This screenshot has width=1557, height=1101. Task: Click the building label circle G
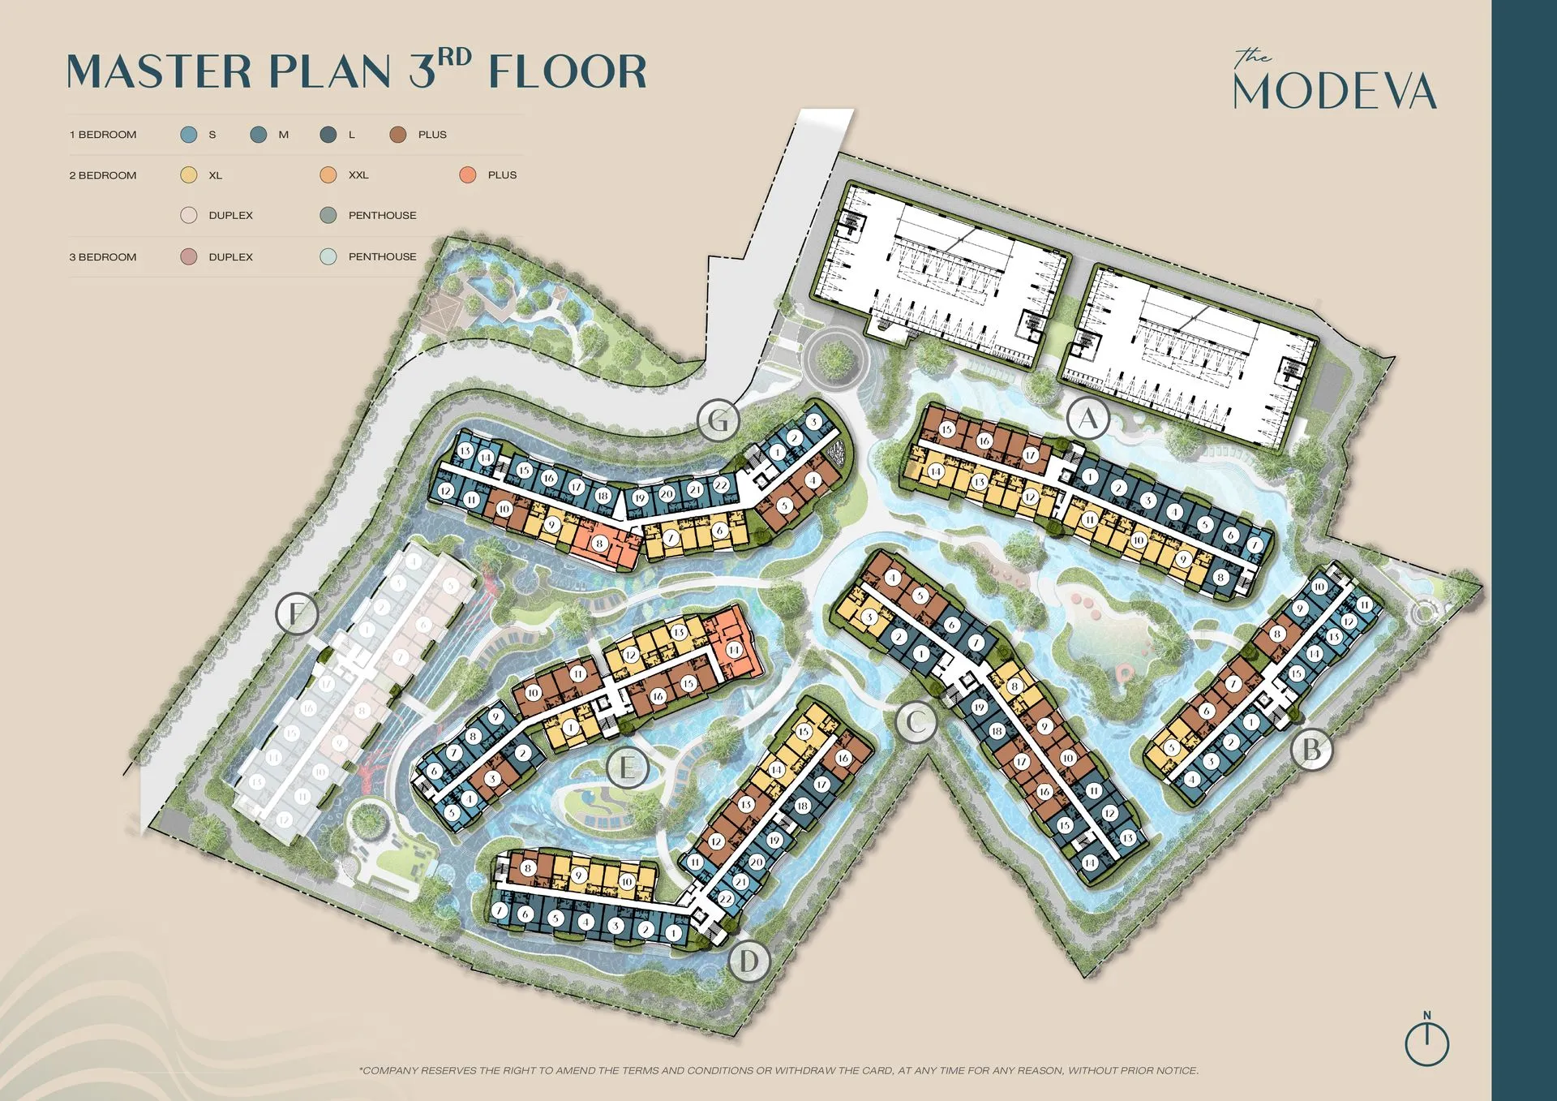[718, 420]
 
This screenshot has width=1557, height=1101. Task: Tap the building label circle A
[1087, 419]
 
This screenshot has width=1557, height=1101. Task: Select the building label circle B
[1311, 750]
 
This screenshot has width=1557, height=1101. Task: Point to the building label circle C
[916, 721]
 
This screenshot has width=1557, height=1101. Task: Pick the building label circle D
[748, 962]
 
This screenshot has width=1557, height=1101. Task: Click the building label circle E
[627, 767]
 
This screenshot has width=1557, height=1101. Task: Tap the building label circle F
[297, 613]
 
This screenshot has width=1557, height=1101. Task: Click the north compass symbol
[1426, 1041]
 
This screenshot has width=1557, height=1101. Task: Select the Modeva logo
[1335, 81]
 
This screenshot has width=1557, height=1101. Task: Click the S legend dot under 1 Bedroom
[189, 135]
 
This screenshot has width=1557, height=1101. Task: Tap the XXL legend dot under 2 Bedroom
[328, 175]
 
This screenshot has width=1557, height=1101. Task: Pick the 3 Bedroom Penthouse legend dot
[328, 257]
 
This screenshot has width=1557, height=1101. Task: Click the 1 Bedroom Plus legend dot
[397, 135]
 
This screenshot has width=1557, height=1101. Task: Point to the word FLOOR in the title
[568, 71]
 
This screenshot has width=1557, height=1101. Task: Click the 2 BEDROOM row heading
[103, 175]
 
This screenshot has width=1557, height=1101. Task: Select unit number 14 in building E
[733, 650]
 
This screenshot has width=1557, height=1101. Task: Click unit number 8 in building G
[599, 543]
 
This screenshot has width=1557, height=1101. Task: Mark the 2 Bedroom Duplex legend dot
[189, 216]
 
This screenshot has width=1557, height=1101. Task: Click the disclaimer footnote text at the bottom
[778, 1071]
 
